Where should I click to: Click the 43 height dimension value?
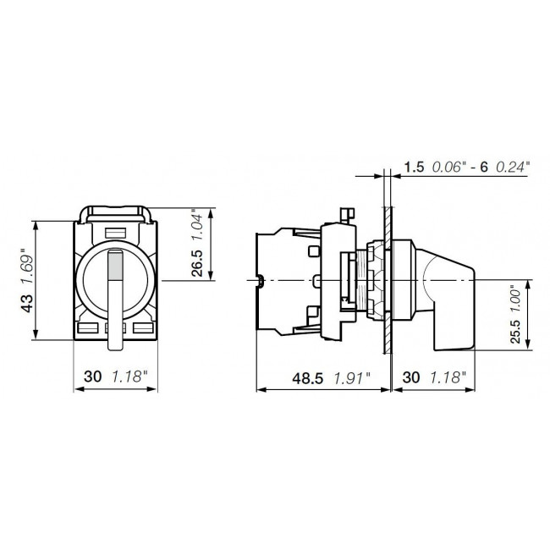point(30,302)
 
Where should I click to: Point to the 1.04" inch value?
point(195,227)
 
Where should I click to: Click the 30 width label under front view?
point(94,378)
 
